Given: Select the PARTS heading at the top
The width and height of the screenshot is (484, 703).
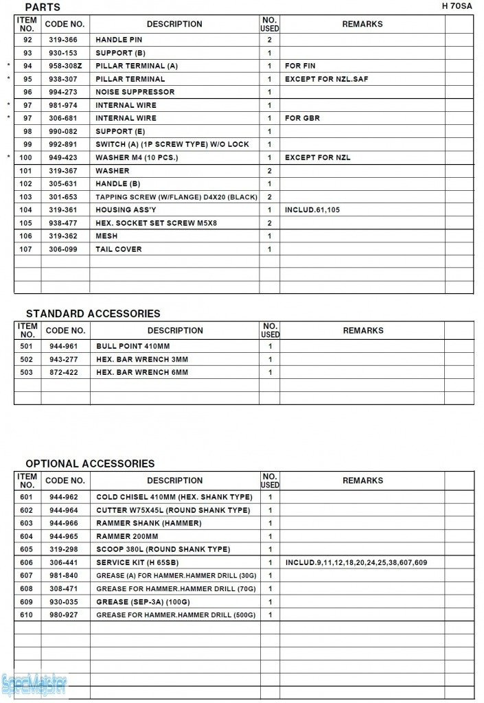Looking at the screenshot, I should pyautogui.click(x=43, y=7).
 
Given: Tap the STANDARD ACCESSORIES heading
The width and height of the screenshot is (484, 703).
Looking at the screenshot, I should pyautogui.click(x=93, y=313).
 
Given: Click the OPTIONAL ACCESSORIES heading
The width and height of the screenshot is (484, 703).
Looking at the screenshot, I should pyautogui.click(x=90, y=463).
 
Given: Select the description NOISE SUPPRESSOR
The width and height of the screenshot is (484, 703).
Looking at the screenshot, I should pyautogui.click(x=135, y=92).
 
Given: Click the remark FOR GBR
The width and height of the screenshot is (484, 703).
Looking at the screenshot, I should pyautogui.click(x=302, y=118).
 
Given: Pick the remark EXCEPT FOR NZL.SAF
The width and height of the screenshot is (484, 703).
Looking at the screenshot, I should pyautogui.click(x=326, y=79).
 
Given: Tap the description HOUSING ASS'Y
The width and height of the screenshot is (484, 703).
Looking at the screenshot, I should pyautogui.click(x=126, y=210).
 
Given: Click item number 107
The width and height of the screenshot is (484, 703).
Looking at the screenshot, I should pyautogui.click(x=27, y=249).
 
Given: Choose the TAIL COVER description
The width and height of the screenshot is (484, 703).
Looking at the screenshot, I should pyautogui.click(x=119, y=249).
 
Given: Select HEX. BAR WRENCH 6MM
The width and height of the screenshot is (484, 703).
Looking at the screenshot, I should pyautogui.click(x=141, y=372).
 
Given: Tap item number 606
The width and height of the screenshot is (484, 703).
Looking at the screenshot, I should pyautogui.click(x=27, y=562).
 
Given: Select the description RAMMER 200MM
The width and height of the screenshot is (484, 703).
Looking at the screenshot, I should pyautogui.click(x=127, y=536).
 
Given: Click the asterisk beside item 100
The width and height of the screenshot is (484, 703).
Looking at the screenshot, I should pyautogui.click(x=9, y=158).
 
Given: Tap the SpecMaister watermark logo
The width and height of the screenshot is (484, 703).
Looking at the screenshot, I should pyautogui.click(x=34, y=684).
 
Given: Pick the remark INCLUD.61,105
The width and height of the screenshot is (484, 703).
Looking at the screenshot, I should pyautogui.click(x=312, y=210).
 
